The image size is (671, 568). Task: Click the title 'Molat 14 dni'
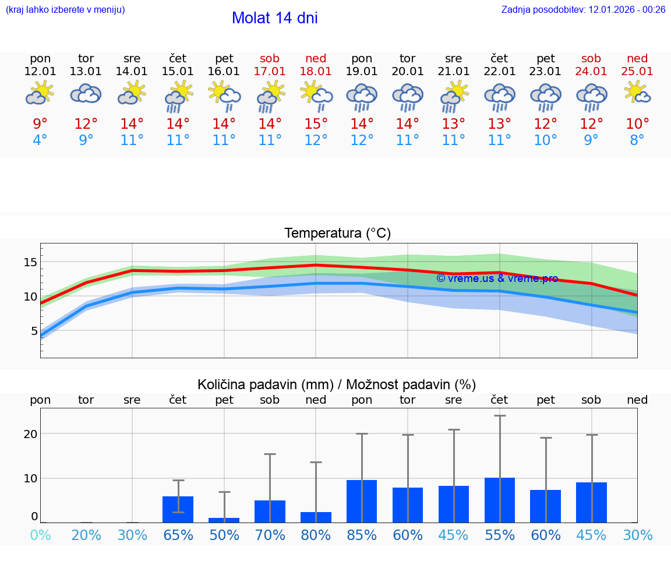(274, 18)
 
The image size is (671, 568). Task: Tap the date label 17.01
(270, 72)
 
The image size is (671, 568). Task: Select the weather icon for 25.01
(637, 93)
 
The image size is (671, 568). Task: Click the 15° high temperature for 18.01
(316, 124)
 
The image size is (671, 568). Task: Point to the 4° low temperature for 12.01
(40, 140)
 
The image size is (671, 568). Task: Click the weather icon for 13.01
(86, 93)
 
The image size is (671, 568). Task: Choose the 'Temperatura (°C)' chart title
(337, 234)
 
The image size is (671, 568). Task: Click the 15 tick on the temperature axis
(30, 262)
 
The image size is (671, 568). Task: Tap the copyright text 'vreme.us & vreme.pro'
(497, 278)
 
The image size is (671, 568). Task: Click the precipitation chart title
(337, 384)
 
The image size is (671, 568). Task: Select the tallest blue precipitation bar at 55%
(500, 500)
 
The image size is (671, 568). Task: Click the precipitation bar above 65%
(178, 509)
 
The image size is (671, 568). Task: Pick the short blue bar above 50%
(224, 520)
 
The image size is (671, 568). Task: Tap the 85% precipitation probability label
(362, 535)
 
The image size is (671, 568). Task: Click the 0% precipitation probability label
(40, 535)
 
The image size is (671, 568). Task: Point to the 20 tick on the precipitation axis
(30, 434)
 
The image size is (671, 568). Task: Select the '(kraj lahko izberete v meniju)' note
(65, 10)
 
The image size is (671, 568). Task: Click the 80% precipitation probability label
(316, 535)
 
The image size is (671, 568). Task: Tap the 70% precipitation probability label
(270, 535)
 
